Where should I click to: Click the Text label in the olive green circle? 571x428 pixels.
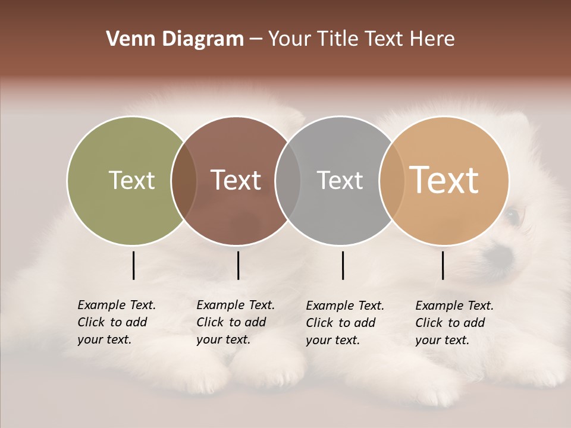point(131,180)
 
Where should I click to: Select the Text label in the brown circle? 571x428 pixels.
point(236,180)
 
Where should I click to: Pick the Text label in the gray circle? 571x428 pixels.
point(340,180)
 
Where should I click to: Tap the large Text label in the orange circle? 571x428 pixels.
point(444,180)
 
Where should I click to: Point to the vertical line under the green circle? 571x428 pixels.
point(133,265)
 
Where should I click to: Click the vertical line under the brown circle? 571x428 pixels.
point(238,265)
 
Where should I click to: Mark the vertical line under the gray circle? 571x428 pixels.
point(343,265)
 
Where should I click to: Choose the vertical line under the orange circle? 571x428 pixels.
point(443,265)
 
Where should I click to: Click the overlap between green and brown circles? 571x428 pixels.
point(184,180)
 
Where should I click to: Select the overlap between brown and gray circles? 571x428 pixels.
point(288,180)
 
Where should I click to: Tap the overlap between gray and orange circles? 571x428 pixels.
point(392,180)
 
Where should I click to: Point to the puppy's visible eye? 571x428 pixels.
point(513,215)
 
